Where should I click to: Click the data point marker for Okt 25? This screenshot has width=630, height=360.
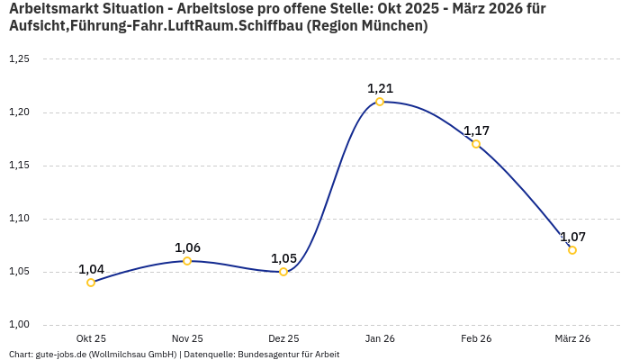click(91, 283)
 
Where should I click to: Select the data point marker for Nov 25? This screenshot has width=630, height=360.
click(187, 261)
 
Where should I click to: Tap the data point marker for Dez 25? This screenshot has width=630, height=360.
click(283, 272)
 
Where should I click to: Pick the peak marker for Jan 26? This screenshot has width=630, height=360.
click(380, 102)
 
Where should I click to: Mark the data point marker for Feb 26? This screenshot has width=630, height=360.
click(476, 144)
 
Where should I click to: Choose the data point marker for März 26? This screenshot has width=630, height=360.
click(572, 250)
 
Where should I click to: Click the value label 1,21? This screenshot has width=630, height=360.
click(380, 88)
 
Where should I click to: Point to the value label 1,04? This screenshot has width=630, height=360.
click(91, 269)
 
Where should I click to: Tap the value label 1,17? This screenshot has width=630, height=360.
click(476, 130)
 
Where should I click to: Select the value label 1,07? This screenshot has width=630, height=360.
click(572, 237)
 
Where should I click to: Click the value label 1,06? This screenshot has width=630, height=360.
click(187, 247)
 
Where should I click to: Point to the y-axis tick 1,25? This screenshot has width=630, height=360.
click(19, 59)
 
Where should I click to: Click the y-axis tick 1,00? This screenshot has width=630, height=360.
click(19, 325)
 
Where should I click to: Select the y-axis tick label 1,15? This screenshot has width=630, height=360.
click(19, 166)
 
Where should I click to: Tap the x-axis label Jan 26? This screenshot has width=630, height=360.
click(380, 338)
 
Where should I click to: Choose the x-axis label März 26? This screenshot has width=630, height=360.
click(572, 338)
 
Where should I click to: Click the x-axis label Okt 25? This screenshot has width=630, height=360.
click(91, 338)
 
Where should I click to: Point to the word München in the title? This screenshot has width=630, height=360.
click(392, 26)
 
